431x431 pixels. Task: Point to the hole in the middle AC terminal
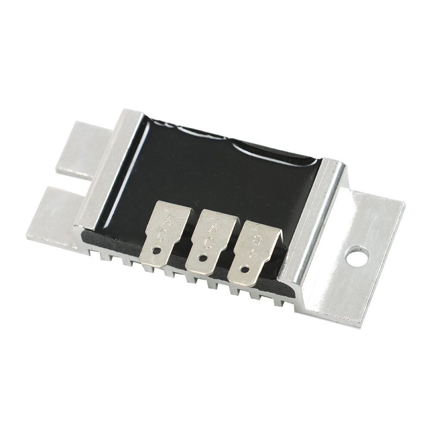[x=201, y=258]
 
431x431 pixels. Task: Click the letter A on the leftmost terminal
[x=166, y=222]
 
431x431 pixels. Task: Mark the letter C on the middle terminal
[x=208, y=243]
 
